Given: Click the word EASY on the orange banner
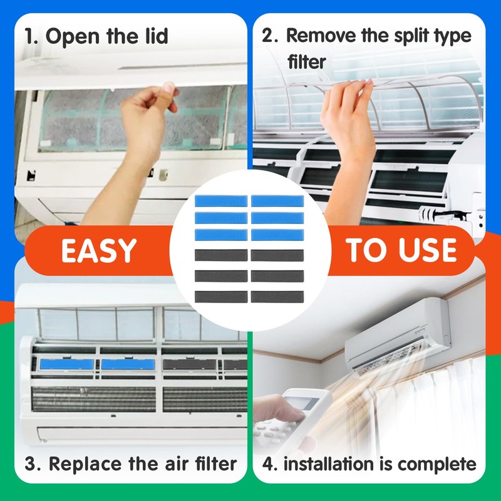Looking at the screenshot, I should [x=98, y=250].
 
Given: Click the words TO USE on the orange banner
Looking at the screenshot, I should [x=401, y=250].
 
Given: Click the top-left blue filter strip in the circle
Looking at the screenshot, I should [x=221, y=201].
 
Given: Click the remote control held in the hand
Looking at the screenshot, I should [x=294, y=413].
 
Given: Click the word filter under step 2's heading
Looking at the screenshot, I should [x=307, y=62].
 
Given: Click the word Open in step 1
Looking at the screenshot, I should [x=69, y=36].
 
